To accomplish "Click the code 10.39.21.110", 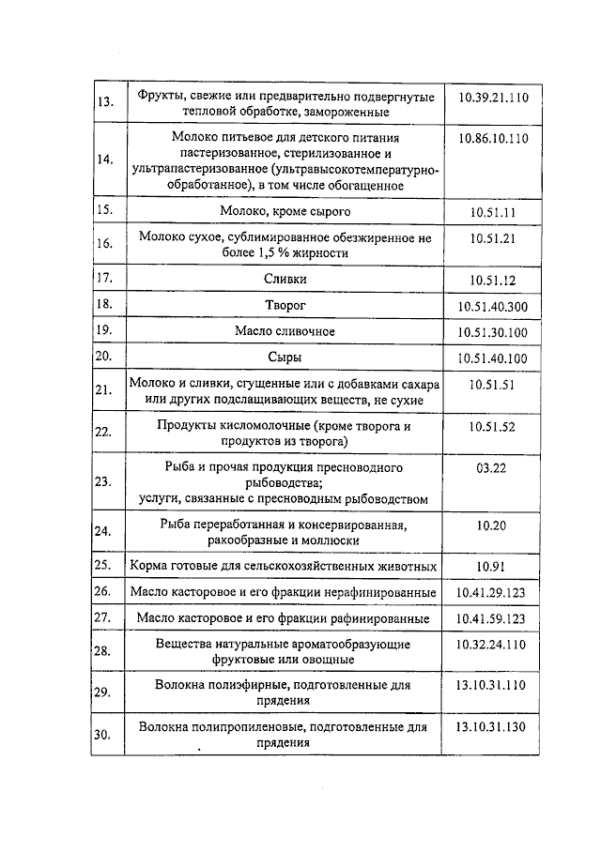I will coord(493,98).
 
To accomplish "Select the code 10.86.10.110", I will coord(493,138).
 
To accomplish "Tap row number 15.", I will coord(104,210).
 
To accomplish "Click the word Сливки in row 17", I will coord(285,279).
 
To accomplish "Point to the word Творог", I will coord(285,305).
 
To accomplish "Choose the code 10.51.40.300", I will coord(493,306).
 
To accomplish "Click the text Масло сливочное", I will coord(285,331).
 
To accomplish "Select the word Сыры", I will coord(285,358).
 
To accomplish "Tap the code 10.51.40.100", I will coord(493,358).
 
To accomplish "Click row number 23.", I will coord(104,481).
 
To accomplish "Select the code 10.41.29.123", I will coord(493,593).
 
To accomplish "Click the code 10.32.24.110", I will coord(493,645).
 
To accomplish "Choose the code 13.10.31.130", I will coord(493,727).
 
